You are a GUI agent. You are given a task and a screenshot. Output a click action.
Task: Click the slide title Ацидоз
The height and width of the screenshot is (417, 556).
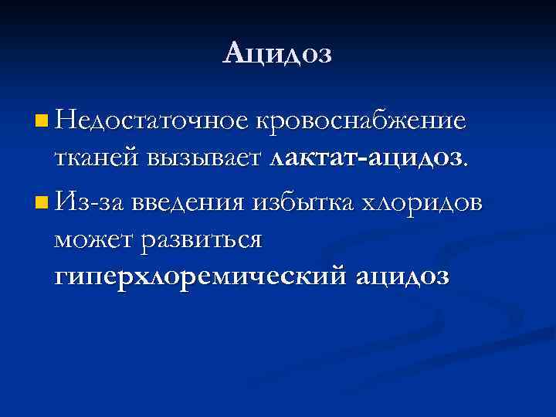click(278, 54)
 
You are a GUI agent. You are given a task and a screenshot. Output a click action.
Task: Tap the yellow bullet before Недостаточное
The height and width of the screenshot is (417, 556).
click(41, 120)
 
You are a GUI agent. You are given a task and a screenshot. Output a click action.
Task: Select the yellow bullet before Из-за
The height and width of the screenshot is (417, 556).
click(41, 203)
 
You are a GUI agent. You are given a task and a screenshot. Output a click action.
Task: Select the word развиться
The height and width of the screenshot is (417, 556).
click(202, 241)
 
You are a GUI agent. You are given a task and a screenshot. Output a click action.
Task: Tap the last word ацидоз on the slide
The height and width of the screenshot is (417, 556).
click(402, 276)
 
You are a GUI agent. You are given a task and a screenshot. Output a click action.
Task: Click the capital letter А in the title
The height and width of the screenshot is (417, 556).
click(233, 54)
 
